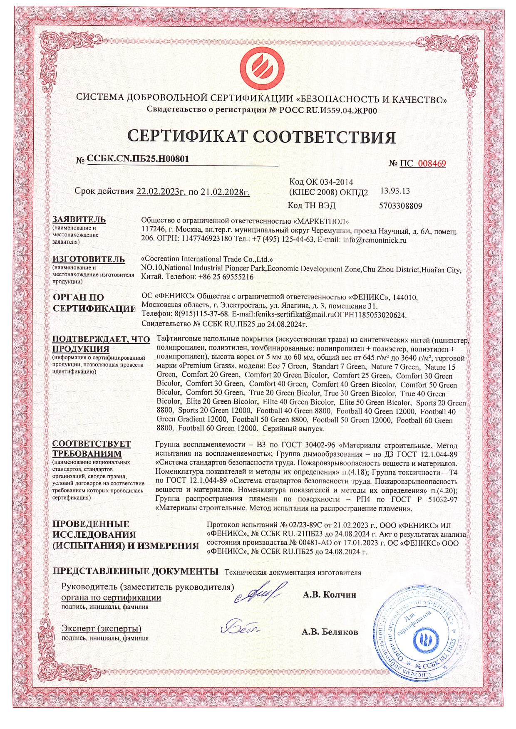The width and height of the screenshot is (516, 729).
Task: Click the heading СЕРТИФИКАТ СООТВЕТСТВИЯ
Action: pyautogui.click(x=261, y=136)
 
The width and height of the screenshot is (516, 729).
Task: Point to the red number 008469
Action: pyautogui.click(x=431, y=163)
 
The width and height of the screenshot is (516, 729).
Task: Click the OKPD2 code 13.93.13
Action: pyautogui.click(x=394, y=191)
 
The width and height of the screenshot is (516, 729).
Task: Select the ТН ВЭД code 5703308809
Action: pyautogui.click(x=401, y=205)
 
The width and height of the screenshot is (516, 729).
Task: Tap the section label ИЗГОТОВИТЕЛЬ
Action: pyautogui.click(x=89, y=259)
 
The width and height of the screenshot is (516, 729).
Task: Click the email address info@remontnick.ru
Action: pyautogui.click(x=375, y=240)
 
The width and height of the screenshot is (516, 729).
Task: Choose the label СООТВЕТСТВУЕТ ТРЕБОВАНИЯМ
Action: pyautogui.click(x=92, y=449)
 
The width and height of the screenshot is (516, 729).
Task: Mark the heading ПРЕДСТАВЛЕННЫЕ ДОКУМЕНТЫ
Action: pyautogui.click(x=136, y=571)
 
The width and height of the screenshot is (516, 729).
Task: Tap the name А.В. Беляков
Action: pyautogui.click(x=330, y=632)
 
